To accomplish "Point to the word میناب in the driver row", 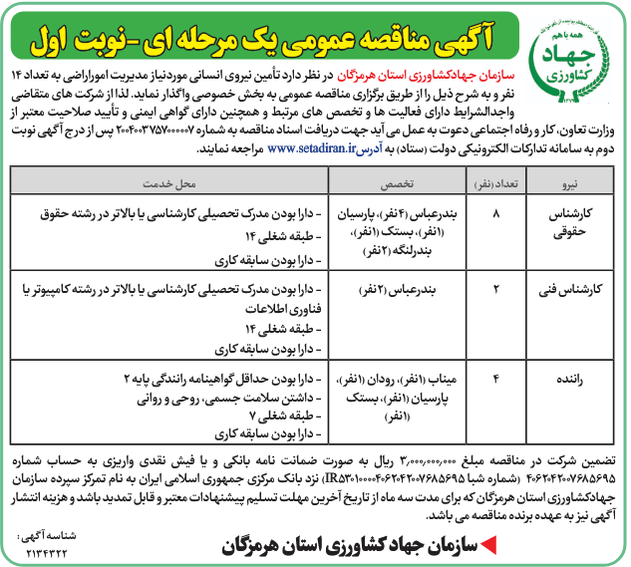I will (x=439, y=379).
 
